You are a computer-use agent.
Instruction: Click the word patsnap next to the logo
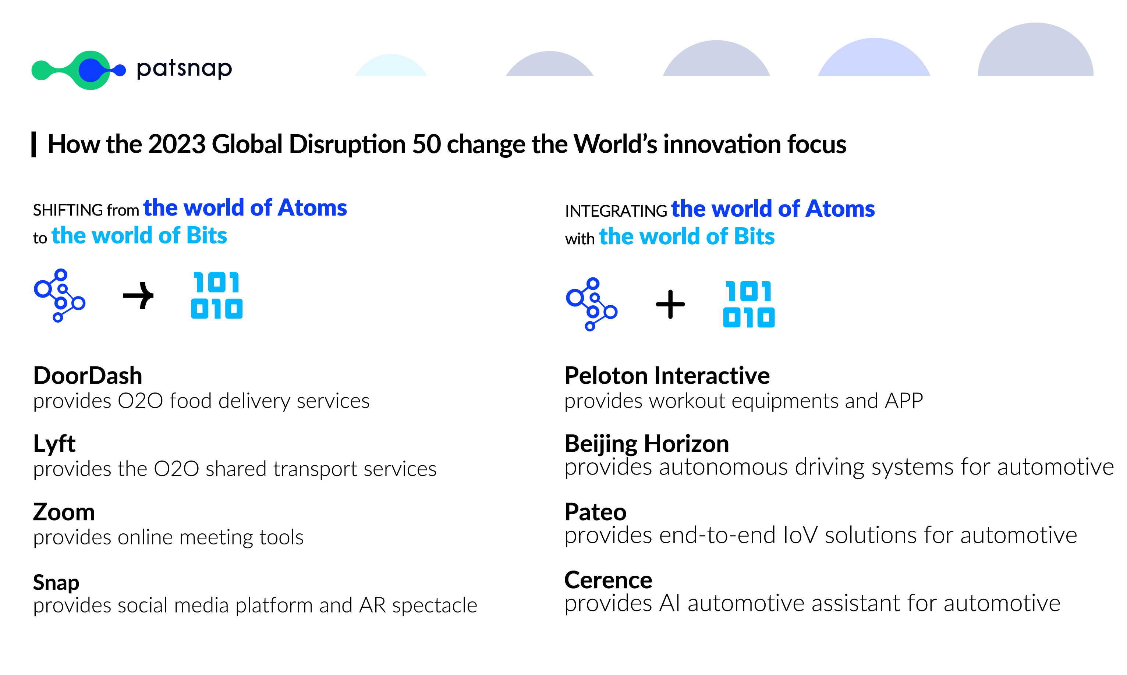click(184, 69)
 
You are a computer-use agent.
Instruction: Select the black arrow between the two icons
click(138, 296)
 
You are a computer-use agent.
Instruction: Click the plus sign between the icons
click(670, 304)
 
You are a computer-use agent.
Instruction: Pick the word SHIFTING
click(68, 210)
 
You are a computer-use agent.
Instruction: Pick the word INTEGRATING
click(616, 211)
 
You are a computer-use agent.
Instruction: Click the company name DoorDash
click(88, 376)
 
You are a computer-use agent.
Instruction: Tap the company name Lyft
click(54, 444)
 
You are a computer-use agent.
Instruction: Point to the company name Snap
click(56, 582)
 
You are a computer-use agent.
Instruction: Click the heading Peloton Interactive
click(667, 376)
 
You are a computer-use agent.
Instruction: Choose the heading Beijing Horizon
click(646, 444)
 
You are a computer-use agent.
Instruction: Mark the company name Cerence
click(608, 580)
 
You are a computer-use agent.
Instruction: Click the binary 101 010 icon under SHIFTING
click(217, 295)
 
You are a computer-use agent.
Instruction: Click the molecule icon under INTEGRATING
click(592, 304)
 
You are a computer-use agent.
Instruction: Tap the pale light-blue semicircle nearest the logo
click(391, 65)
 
